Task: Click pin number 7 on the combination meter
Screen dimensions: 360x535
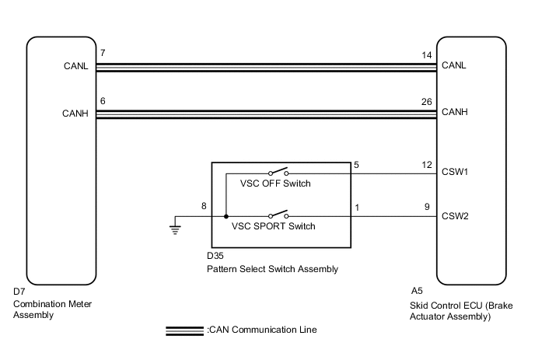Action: tap(103, 53)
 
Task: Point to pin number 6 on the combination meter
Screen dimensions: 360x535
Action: tap(103, 100)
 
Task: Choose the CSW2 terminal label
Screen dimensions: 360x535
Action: tap(454, 216)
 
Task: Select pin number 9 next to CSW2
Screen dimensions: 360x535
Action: tap(427, 208)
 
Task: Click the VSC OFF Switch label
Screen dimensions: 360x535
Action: tap(271, 184)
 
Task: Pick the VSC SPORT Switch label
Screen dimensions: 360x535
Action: tap(274, 227)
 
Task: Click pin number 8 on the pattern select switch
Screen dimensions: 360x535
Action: tap(204, 208)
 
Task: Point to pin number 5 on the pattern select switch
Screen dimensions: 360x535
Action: tap(356, 165)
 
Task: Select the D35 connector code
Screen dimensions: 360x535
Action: tap(215, 255)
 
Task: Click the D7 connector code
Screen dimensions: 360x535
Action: tap(19, 292)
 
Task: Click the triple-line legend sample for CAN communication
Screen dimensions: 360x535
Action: tap(185, 330)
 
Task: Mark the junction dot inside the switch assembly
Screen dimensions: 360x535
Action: tap(226, 217)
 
